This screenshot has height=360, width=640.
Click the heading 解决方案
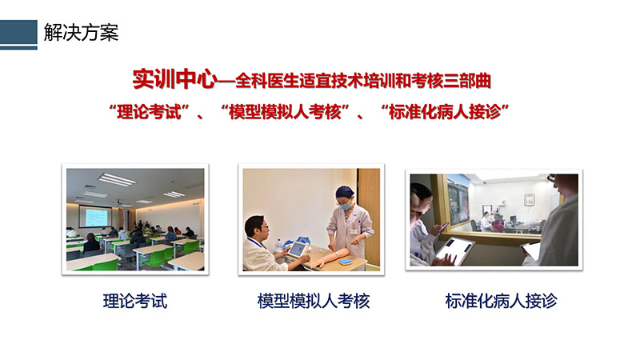click(82, 33)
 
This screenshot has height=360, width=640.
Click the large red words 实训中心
click(174, 79)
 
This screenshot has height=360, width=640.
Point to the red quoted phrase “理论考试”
click(149, 112)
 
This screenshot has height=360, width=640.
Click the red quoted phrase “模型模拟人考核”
click(285, 112)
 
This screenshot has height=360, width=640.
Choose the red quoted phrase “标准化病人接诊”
click(445, 112)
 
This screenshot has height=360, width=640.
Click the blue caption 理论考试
click(135, 302)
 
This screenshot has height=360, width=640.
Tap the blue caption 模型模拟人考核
click(314, 302)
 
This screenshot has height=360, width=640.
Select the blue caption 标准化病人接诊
click(502, 302)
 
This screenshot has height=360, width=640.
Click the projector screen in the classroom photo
click(94, 216)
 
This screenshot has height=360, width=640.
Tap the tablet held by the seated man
click(297, 250)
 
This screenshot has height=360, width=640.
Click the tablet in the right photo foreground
click(454, 250)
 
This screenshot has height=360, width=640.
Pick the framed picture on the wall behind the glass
click(530, 199)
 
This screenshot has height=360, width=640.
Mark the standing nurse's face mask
click(345, 206)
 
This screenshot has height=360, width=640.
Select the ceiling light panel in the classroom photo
click(117, 179)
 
